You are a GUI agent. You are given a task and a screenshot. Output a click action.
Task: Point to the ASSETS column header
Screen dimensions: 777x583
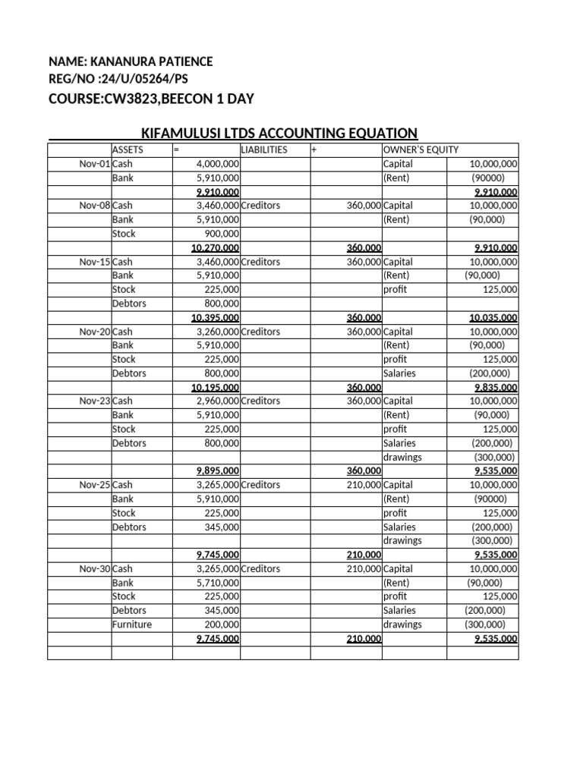pos(128,149)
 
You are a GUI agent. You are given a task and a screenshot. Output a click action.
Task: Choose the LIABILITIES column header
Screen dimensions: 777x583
pos(264,149)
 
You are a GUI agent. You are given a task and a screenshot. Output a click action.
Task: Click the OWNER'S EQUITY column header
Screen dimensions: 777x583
pos(421,149)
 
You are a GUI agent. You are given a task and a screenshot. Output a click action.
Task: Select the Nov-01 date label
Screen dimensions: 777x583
pos(95,164)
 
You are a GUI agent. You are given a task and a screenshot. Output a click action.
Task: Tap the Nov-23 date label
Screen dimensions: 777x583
pos(95,401)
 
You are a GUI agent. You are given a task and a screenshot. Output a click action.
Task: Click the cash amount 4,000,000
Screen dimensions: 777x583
pos(218,164)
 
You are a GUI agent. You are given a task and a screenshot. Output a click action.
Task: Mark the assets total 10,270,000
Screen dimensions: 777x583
pos(216,247)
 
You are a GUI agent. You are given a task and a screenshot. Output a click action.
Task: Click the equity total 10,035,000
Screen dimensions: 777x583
pos(493,317)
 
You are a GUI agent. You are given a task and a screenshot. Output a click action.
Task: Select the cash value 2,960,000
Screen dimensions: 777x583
pos(218,401)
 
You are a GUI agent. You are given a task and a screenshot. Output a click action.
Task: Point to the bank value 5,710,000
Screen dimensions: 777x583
pos(218,583)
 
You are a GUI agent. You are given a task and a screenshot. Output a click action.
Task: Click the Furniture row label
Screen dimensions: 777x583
pos(132,624)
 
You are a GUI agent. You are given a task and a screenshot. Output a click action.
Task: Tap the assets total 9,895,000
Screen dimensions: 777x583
pos(218,470)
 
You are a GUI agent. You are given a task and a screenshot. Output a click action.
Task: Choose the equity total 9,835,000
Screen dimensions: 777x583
pos(496,387)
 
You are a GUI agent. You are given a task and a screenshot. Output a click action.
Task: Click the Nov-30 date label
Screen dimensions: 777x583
pos(95,568)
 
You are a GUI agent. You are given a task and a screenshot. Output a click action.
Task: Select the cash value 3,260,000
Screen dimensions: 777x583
pos(218,332)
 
